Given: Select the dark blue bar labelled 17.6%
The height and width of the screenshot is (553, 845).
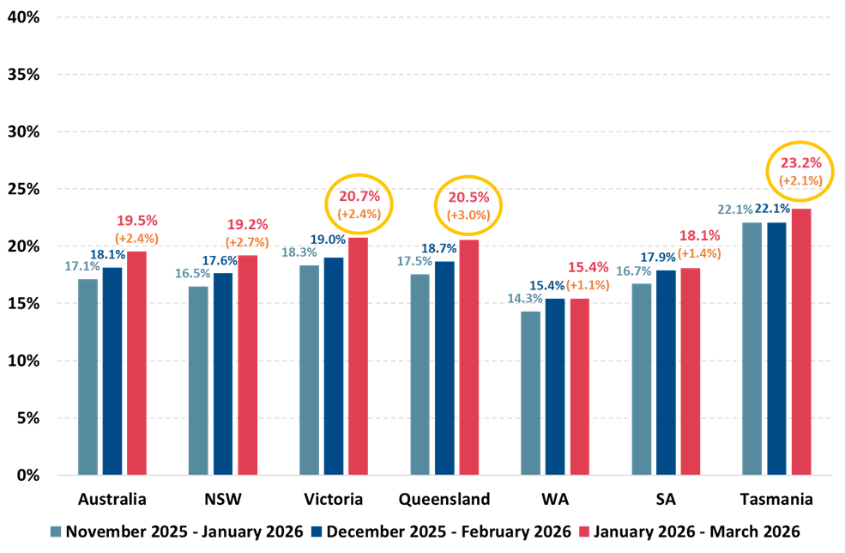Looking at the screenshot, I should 223,374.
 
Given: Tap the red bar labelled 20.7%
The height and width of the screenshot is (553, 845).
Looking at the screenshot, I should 358,355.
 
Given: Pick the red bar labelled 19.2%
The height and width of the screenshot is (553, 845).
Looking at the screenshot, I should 248,364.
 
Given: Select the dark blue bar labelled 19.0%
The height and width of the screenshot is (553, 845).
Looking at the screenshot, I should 334,365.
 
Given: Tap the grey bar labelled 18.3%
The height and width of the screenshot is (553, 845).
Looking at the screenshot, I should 309,369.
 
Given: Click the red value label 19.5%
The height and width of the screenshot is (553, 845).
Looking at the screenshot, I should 136,221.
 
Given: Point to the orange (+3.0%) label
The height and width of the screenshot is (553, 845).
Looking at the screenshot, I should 468,216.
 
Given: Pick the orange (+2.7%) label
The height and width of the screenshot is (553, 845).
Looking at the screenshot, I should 247,242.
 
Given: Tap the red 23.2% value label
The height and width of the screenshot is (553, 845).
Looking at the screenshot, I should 800,162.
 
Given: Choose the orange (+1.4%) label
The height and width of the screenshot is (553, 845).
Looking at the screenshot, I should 699,253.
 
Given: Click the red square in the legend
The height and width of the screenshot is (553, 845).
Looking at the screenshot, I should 584,532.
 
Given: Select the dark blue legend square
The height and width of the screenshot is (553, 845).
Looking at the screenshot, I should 317,532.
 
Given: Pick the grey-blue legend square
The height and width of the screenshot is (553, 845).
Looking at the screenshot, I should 56,532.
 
